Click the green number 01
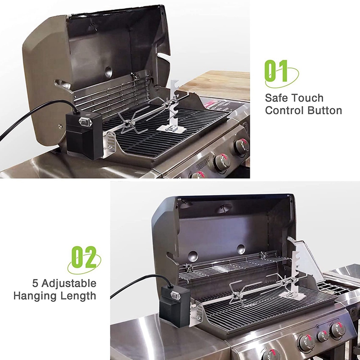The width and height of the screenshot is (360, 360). (276, 72)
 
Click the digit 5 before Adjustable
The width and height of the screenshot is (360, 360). (35, 283)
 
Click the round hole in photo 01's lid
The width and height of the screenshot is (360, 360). (108, 71)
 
